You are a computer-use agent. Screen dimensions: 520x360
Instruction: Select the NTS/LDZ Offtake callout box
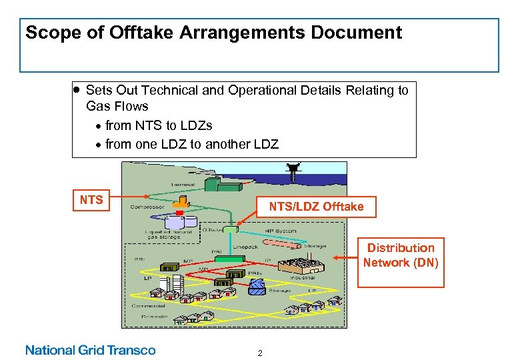[316, 207]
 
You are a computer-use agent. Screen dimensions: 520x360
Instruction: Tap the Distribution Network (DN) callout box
[401, 256]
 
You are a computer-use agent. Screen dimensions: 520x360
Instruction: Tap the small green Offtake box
[231, 229]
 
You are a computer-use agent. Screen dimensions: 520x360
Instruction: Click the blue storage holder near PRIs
[257, 285]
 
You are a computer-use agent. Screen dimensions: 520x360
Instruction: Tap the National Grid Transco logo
[90, 350]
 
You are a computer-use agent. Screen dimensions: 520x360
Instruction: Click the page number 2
[260, 353]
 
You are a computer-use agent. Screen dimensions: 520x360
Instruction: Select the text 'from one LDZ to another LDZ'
[191, 144]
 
